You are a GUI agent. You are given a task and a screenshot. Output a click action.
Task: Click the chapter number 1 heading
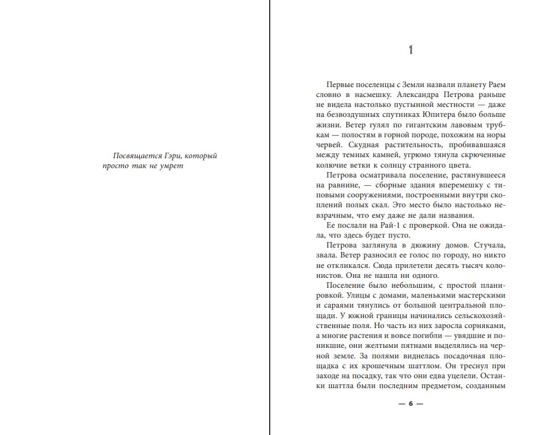pos(410,51)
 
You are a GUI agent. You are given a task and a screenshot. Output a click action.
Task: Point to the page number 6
pos(410,404)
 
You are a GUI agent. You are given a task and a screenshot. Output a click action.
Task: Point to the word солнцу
pos(404,165)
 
